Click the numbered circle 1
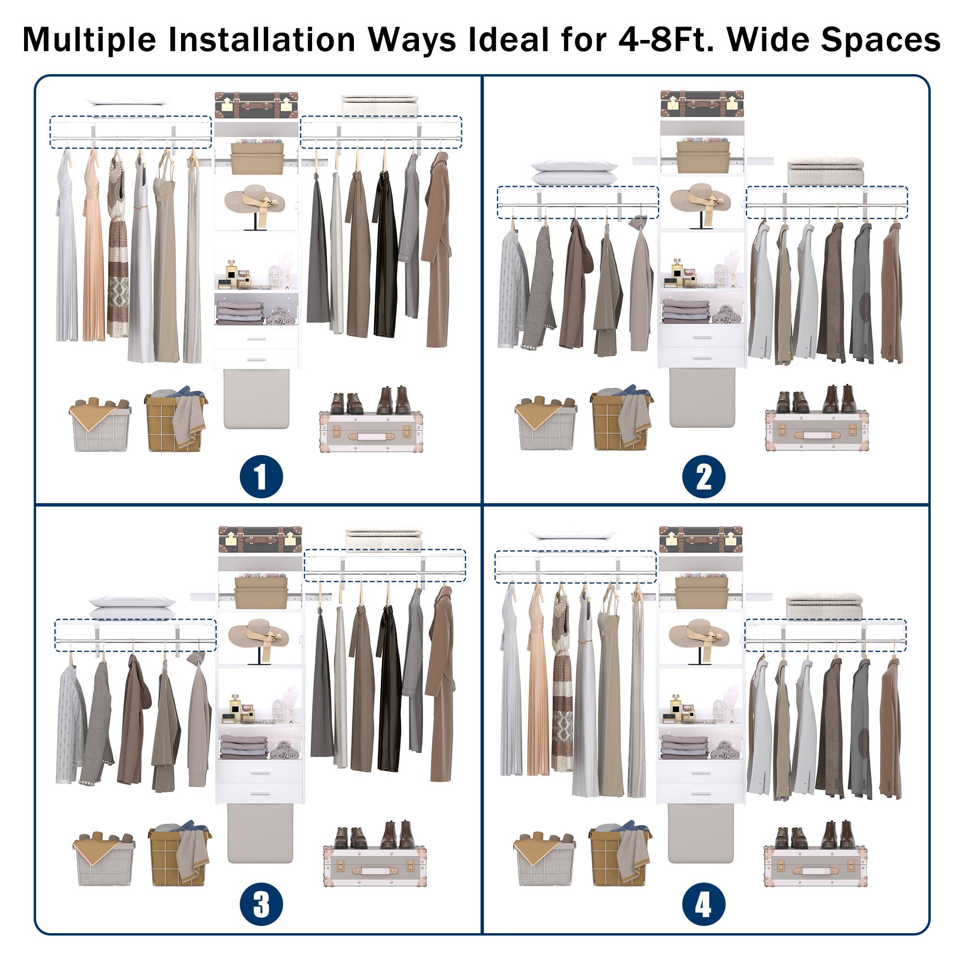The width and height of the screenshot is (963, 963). tap(261, 476)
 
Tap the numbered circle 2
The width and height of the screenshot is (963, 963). tap(704, 476)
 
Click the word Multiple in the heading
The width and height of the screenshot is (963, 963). tap(89, 39)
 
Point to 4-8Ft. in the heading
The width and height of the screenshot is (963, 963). tap(664, 39)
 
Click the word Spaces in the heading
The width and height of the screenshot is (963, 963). tap(880, 39)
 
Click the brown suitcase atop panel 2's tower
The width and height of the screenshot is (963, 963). tap(703, 104)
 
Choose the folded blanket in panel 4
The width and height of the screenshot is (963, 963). tap(824, 606)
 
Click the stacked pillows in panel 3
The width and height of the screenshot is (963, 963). tap(132, 607)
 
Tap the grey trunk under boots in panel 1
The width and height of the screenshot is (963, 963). tap(371, 431)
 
